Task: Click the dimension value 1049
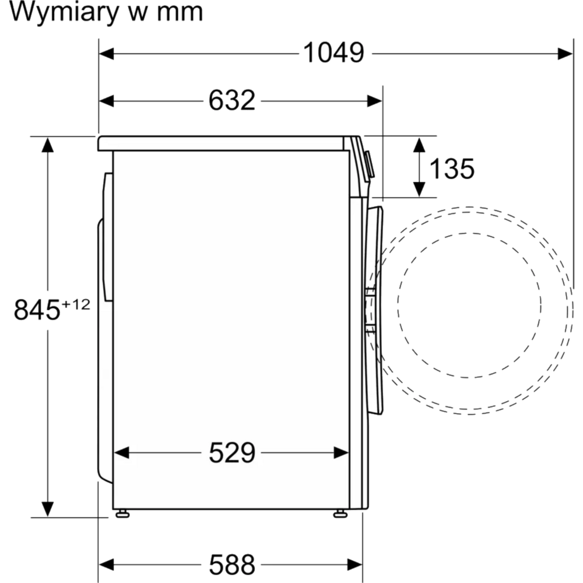pos(333,54)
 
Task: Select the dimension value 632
pos(232,101)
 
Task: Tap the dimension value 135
pos(452,169)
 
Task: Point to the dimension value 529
pos(232,452)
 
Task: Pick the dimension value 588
pos(232,564)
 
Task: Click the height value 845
pos(37,310)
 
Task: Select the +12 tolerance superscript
pos(76,304)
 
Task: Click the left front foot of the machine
pos(122,514)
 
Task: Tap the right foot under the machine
pos(340,514)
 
